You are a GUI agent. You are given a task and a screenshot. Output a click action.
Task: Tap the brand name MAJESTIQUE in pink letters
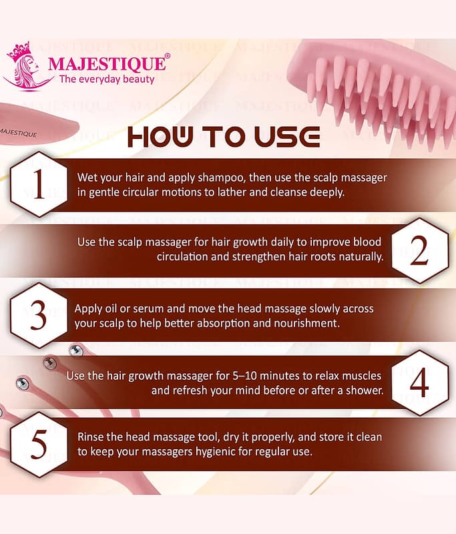tap(107, 63)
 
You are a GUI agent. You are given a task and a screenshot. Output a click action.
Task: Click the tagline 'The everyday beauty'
tap(107, 79)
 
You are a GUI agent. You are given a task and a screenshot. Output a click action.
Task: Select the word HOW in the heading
tap(160, 137)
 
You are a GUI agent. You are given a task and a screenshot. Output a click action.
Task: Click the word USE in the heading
tap(286, 137)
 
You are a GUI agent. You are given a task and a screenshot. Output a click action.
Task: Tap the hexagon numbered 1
tap(39, 184)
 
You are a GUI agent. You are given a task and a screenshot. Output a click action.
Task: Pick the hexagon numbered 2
tap(420, 251)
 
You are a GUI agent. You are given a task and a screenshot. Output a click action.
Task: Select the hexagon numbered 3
tap(39, 315)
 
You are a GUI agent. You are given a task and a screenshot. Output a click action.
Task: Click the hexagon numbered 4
tap(420, 382)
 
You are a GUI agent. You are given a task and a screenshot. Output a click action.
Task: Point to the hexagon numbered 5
tap(39, 445)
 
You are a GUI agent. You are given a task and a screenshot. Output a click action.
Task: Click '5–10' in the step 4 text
tap(244, 376)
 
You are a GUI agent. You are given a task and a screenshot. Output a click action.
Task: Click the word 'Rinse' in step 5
tap(90, 437)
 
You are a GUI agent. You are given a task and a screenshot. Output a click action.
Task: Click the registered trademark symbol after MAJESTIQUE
tap(167, 56)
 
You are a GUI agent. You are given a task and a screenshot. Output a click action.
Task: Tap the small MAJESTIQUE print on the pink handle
tap(18, 132)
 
